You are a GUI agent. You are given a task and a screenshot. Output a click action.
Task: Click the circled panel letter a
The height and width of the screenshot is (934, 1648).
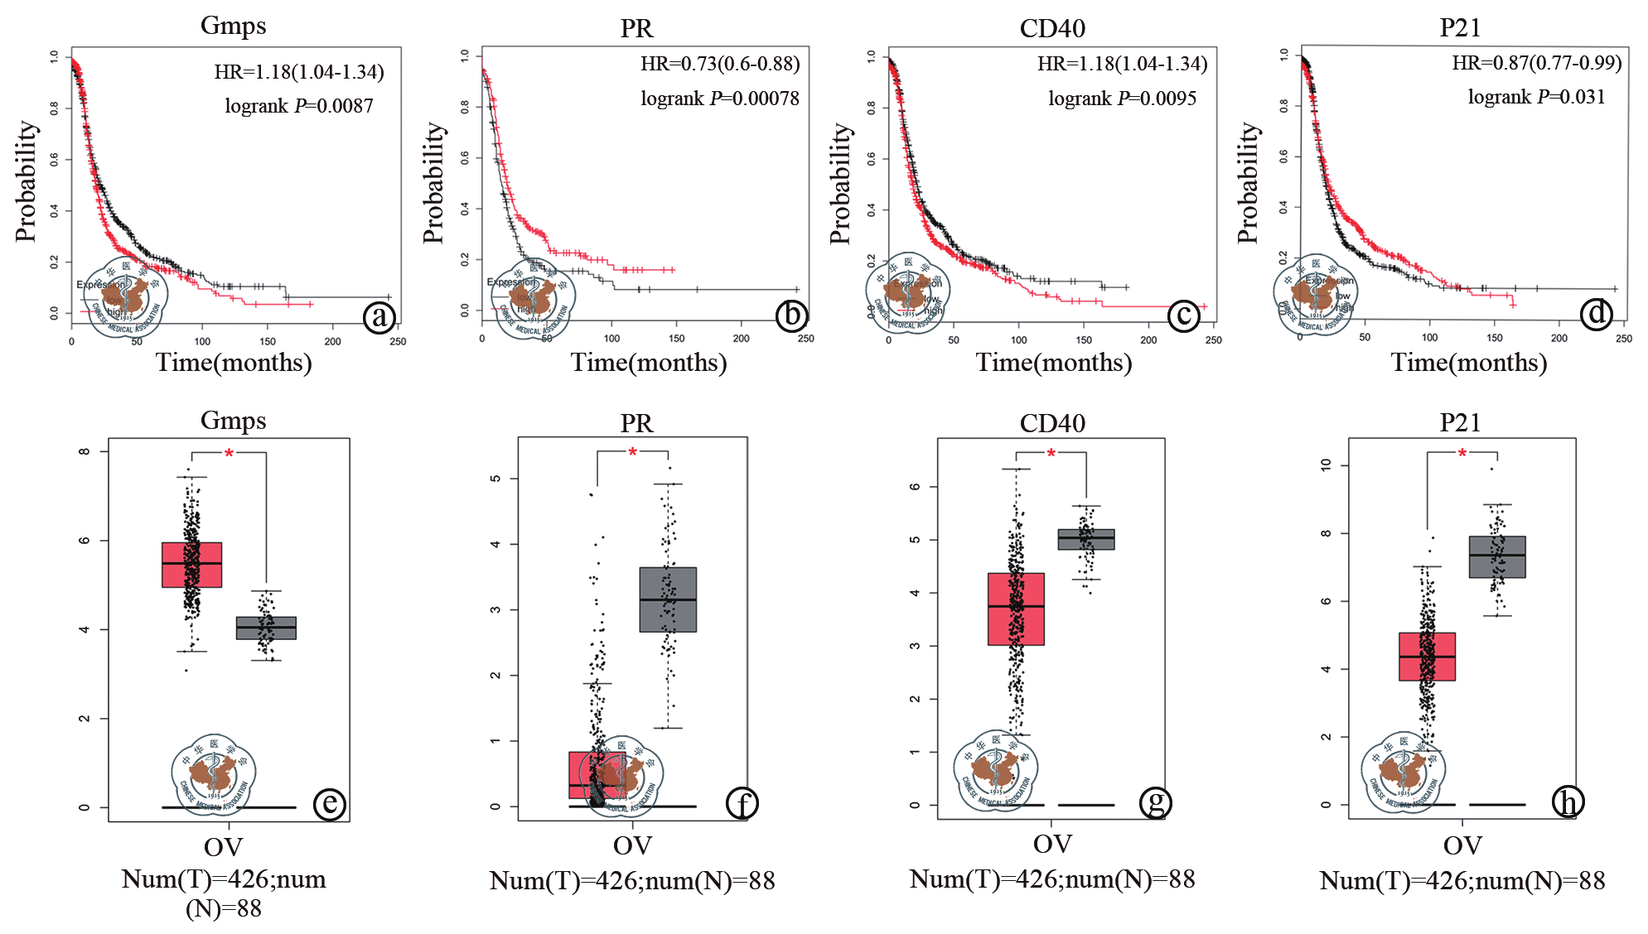point(379,317)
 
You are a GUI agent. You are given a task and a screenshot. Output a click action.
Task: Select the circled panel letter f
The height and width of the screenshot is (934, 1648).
point(742,803)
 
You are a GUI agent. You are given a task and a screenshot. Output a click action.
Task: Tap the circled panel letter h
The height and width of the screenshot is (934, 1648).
point(1568,802)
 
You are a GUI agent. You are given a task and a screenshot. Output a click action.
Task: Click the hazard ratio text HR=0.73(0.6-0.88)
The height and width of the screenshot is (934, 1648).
point(720,64)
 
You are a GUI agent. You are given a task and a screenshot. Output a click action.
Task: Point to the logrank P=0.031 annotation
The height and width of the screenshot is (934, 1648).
point(1536,97)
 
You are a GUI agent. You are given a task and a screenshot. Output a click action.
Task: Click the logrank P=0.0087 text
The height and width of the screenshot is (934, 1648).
point(298,106)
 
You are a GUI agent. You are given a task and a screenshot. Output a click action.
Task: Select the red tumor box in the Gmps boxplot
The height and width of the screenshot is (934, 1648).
point(191,565)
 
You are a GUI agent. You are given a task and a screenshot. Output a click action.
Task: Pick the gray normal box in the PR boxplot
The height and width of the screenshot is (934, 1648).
point(668,599)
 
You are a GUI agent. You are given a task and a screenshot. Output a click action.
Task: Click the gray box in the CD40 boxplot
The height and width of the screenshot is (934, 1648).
point(1085,539)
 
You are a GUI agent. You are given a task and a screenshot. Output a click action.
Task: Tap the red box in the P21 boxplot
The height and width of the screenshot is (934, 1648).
point(1427,657)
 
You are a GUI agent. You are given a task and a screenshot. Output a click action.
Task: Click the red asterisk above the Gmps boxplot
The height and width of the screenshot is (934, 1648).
point(230,453)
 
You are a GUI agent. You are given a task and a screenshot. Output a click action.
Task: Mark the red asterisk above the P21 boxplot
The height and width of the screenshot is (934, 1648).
point(1462,453)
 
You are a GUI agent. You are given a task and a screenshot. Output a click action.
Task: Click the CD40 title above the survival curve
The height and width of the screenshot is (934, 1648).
point(1052,28)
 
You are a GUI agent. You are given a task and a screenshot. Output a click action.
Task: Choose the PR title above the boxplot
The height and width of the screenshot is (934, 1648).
point(636,423)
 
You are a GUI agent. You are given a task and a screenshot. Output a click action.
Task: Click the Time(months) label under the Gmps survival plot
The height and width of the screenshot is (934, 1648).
point(234,363)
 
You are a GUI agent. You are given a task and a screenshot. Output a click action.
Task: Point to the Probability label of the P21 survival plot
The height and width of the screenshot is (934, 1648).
point(1248,183)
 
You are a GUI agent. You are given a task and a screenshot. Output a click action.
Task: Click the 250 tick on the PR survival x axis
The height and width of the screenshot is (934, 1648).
point(805,339)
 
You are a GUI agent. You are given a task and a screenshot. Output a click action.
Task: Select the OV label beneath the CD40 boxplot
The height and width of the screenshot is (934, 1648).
point(1052,844)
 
